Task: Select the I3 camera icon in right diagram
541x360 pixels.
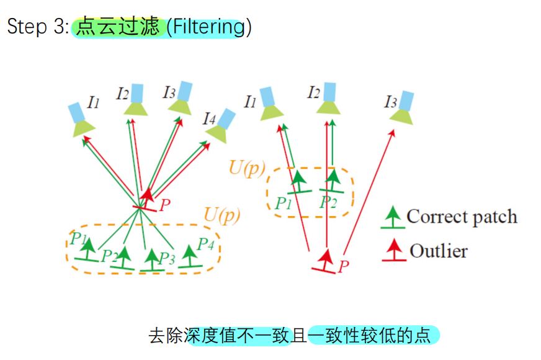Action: click(403, 109)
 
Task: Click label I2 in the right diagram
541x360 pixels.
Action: click(313, 94)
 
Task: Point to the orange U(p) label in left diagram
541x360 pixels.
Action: click(221, 215)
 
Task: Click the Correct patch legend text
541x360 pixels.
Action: click(462, 217)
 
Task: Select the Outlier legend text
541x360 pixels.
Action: click(439, 251)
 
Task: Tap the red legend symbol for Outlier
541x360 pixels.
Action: click(393, 251)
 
